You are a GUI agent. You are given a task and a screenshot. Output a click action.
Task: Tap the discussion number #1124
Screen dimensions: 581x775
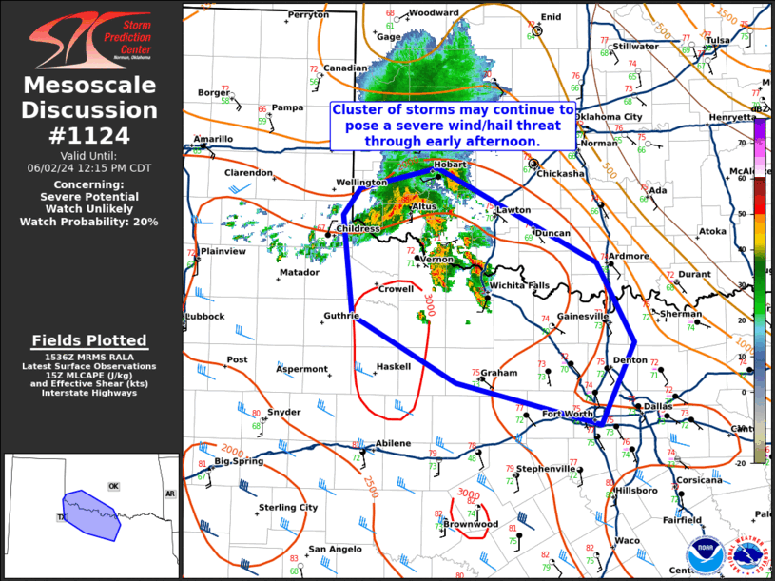pos(90,134)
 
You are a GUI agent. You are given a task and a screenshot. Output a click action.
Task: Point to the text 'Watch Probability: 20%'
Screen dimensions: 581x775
pos(89,222)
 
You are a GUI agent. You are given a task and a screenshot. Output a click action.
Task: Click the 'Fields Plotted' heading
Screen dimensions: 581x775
pos(89,339)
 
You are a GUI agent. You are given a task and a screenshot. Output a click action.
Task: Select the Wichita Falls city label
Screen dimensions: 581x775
pos(519,285)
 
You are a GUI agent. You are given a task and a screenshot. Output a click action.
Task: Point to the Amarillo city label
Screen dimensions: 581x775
pos(213,139)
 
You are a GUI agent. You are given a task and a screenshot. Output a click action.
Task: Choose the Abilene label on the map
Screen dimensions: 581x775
pos(393,443)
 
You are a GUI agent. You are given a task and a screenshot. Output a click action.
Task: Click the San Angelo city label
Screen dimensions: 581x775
pos(333,549)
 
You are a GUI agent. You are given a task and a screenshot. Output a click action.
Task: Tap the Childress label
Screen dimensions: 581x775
pos(358,229)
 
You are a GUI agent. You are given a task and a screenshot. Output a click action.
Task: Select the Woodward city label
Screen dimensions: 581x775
pos(435,13)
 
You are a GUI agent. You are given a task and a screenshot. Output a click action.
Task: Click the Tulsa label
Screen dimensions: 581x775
pos(718,40)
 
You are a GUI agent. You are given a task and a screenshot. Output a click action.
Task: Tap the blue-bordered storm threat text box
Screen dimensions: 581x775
pos(453,125)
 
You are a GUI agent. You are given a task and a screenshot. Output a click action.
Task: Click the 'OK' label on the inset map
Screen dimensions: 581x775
pos(113,486)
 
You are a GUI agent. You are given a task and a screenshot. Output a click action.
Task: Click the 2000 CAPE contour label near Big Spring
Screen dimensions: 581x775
pos(232,449)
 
